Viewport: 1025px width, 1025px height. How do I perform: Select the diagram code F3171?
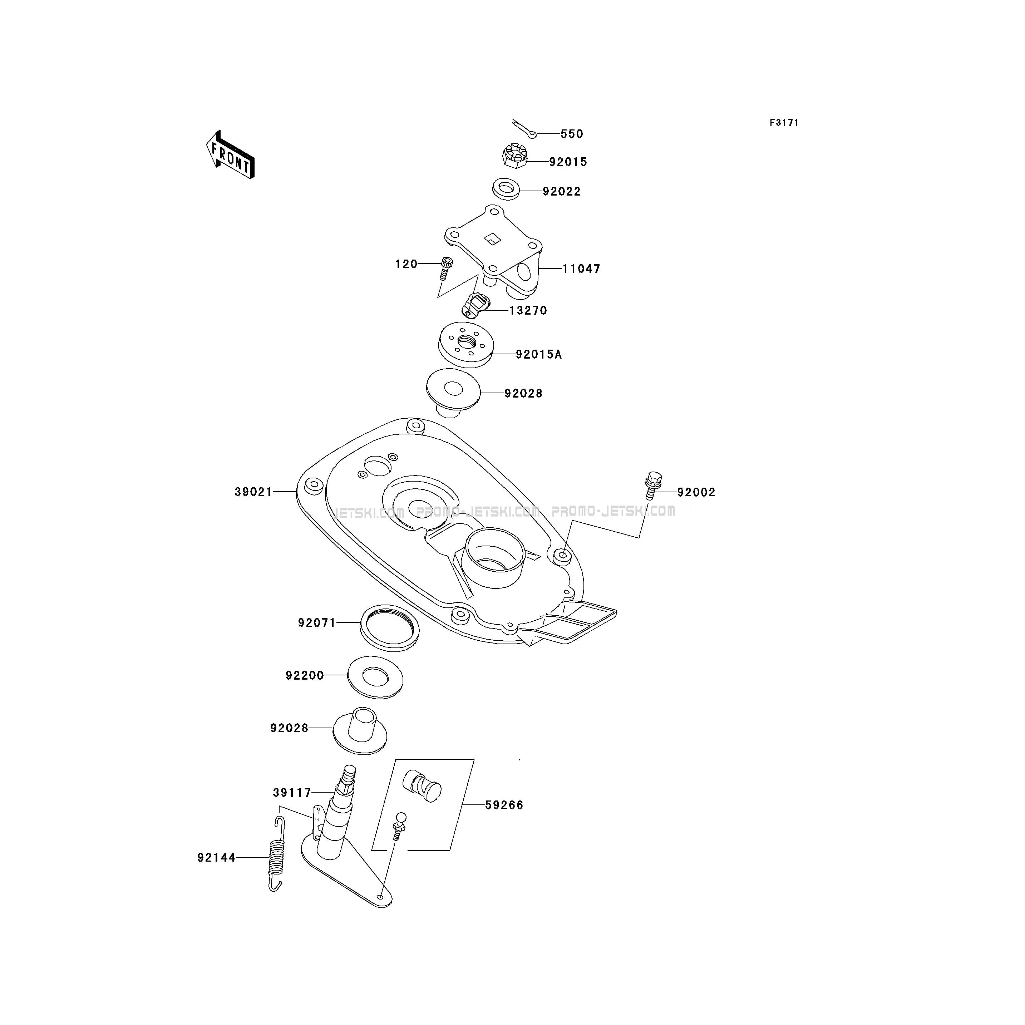784,123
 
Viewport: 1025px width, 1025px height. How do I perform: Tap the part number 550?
572,134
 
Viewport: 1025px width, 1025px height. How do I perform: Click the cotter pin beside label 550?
524,128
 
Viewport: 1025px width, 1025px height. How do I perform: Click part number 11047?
581,269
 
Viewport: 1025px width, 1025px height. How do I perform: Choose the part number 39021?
253,492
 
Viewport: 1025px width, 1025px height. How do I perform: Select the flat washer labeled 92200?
375,677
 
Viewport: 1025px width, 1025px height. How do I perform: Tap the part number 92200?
305,675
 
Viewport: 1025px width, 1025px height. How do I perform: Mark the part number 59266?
504,805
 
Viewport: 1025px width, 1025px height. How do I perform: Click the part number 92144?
216,857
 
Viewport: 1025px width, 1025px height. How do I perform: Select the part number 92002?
696,492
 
